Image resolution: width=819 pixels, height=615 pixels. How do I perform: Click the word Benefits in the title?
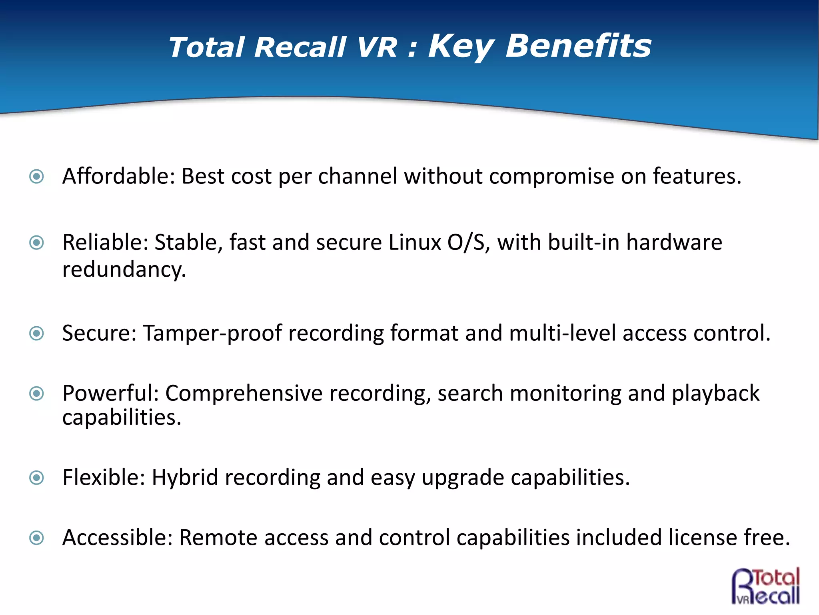(578, 46)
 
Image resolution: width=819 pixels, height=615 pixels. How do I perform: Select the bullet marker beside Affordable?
(37, 176)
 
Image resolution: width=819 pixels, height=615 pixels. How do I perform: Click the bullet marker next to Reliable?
(37, 242)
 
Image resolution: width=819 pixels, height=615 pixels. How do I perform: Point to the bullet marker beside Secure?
(37, 333)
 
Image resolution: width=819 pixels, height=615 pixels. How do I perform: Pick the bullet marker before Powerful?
(37, 394)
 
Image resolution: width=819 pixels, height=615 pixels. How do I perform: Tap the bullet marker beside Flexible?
(37, 477)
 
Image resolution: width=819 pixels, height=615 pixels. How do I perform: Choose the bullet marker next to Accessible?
(37, 538)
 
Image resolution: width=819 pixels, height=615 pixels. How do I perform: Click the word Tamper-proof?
(212, 334)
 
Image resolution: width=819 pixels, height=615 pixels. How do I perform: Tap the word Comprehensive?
(244, 394)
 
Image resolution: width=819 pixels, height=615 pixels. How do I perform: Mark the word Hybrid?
(185, 478)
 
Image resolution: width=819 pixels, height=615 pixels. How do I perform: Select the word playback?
(715, 394)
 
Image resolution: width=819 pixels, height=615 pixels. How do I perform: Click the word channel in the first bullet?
(358, 176)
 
